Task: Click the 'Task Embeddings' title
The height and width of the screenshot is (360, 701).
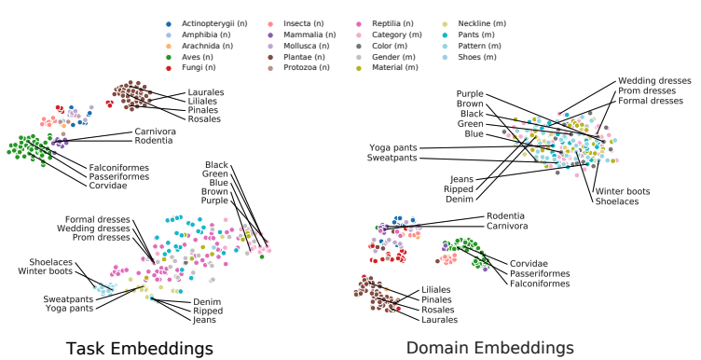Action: click(139, 348)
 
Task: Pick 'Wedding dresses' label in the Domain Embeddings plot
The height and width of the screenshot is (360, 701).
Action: click(657, 80)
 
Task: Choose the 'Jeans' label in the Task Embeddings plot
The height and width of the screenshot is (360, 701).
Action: click(205, 320)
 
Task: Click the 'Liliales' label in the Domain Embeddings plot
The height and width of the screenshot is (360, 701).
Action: click(435, 289)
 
